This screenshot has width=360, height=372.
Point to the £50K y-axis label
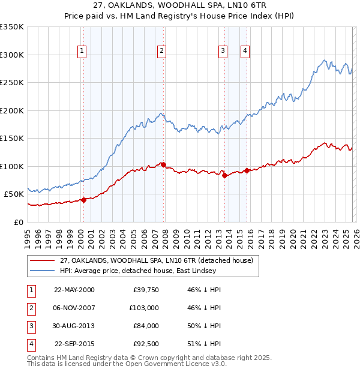(x=14, y=194)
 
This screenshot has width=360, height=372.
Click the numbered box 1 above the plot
(x=82, y=52)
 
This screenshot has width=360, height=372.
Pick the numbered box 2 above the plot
(x=162, y=52)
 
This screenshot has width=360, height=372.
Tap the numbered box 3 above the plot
(x=223, y=52)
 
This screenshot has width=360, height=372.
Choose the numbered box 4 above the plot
(x=245, y=52)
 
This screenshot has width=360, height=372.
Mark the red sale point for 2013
(x=224, y=175)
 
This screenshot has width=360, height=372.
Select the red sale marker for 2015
(x=247, y=170)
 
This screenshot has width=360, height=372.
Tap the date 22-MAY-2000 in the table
(x=74, y=290)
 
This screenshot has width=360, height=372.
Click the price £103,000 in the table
(x=143, y=308)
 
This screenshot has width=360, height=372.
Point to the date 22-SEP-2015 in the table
(x=74, y=344)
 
